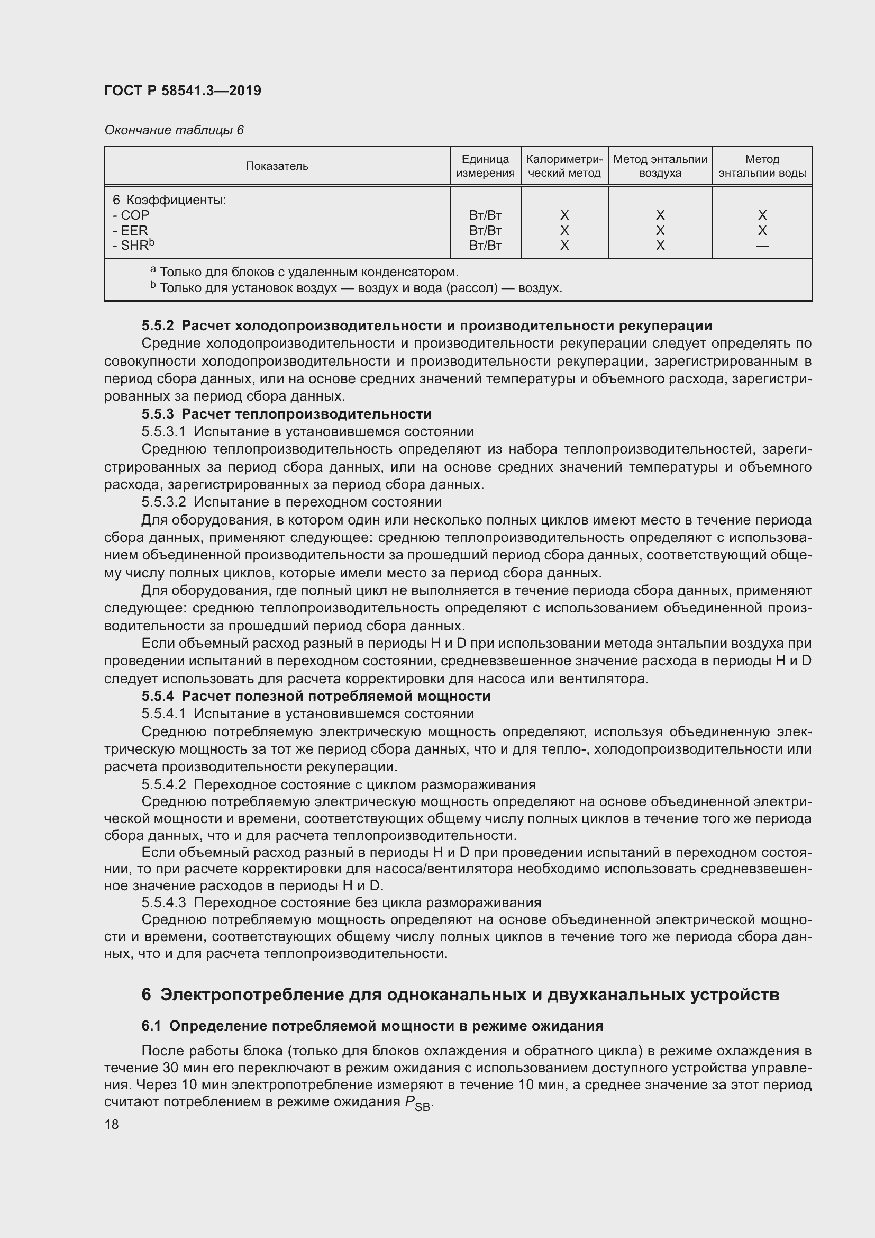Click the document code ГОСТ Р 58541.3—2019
[183, 91]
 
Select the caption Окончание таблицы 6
[174, 130]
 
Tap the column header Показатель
[277, 166]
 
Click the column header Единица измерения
[485, 166]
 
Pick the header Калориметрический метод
[564, 166]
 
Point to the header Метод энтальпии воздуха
[660, 166]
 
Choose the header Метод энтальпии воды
[762, 166]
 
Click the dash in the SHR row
[762, 246]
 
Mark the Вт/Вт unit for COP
[485, 215]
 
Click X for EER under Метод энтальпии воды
[762, 231]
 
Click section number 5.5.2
[158, 326]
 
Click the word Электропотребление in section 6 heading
[252, 995]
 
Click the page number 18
[112, 1124]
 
